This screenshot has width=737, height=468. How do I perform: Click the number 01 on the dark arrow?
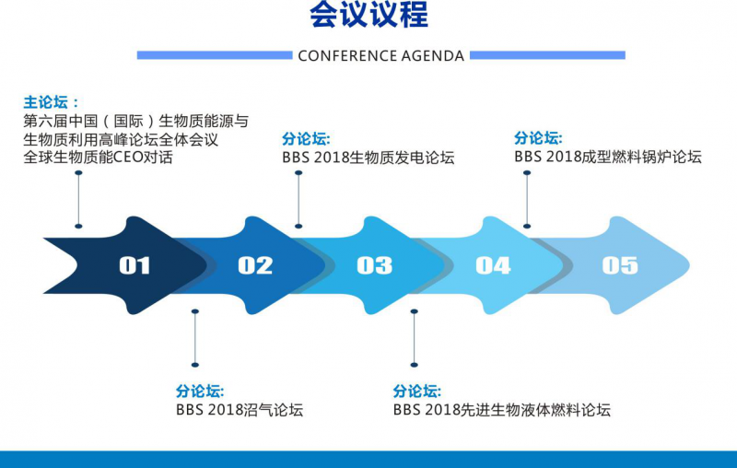[135, 265]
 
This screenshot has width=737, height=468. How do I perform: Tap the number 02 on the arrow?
[255, 265]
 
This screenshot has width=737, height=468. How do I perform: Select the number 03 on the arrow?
[374, 265]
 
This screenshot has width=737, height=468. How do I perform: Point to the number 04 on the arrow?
[493, 265]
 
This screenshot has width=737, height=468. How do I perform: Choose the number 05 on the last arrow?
[620, 265]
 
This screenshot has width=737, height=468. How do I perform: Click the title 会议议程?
[369, 14]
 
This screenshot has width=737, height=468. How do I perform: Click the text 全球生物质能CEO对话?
[99, 157]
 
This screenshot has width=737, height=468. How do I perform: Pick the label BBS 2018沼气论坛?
[240, 410]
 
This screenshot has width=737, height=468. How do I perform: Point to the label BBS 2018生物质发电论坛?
[368, 158]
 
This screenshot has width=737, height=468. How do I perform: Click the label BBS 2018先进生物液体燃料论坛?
[502, 410]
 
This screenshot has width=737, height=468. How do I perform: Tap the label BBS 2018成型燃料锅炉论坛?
[608, 157]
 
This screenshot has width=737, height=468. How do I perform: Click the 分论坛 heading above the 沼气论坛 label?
[200, 391]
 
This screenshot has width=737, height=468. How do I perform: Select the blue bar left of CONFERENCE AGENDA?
[215, 55]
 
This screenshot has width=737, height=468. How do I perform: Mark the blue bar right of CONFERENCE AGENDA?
[547, 55]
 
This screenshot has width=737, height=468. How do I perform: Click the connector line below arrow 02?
[195, 338]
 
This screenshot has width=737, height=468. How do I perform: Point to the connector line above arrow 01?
[78, 200]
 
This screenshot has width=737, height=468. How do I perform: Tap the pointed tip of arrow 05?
[689, 265]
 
